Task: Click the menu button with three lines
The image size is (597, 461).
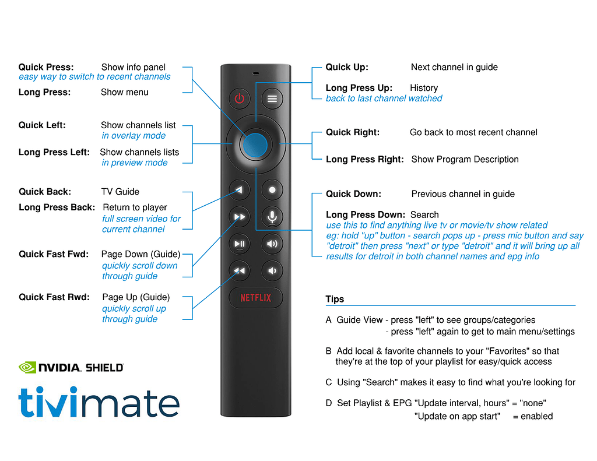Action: point(272,99)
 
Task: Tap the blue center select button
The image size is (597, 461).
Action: point(255,143)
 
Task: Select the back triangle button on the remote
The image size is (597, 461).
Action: point(239,189)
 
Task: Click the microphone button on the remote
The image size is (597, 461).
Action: point(272,216)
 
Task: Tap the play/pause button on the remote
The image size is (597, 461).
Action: point(239,243)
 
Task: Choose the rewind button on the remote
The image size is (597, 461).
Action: point(239,270)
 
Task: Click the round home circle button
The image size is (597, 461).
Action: point(272,189)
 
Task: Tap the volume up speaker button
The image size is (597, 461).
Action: point(272,243)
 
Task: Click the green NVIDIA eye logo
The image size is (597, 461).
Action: point(27,367)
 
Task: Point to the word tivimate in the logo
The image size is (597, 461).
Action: point(99,402)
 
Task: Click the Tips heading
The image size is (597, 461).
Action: point(335,299)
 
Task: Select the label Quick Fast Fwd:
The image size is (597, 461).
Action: point(54,254)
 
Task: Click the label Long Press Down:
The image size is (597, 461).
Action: point(365,215)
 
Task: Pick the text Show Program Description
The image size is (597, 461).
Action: point(465,159)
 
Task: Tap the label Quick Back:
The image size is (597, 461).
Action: point(45,192)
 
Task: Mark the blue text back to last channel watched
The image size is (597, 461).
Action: point(384,98)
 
